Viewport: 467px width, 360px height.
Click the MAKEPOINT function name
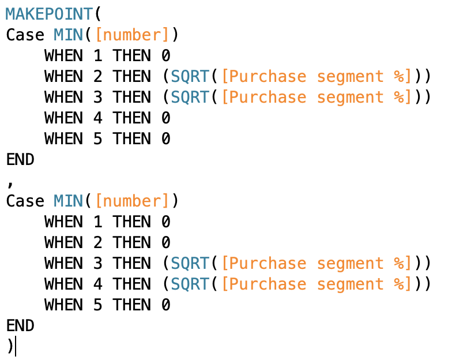49,14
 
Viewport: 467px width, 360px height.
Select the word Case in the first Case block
25,35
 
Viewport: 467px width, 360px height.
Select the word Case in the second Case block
25,201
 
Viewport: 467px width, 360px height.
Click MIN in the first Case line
68,35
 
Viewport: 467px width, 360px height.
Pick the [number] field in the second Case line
133,201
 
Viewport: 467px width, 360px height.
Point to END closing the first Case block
20,159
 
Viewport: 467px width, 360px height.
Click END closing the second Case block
20,325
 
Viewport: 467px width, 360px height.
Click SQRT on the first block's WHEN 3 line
190,97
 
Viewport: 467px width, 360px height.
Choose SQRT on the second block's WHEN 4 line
190,284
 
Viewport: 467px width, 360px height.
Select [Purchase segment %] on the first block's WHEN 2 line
318,76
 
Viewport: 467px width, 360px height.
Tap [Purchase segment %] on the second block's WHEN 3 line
318,263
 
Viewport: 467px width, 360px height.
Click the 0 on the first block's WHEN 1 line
165,55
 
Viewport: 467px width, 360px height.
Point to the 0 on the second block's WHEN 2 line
165,242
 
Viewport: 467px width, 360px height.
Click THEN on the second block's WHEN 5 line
131,305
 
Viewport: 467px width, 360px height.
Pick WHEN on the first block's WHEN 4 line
63,118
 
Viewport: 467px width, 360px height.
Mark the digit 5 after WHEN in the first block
97,138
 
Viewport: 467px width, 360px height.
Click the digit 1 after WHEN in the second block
97,222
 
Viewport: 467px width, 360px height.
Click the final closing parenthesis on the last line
10,346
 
